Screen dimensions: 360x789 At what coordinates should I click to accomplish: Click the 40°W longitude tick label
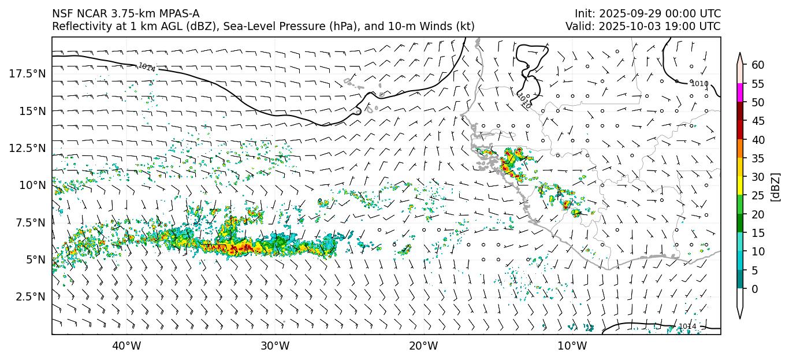(126, 346)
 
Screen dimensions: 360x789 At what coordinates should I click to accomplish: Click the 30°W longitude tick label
(275, 346)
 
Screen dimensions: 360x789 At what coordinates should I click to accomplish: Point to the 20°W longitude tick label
(423, 346)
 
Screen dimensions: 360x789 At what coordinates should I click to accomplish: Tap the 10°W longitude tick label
(572, 346)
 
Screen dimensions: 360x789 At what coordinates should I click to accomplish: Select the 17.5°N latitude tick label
(27, 73)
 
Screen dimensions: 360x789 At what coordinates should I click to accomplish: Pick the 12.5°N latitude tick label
(27, 148)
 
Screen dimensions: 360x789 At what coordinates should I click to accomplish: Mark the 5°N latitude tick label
(35, 259)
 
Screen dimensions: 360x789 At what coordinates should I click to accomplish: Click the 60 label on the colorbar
(758, 65)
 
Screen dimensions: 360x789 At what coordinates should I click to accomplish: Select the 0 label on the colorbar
(755, 289)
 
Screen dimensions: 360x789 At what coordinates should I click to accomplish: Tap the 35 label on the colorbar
(758, 158)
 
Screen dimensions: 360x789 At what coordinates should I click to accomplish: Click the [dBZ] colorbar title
(776, 187)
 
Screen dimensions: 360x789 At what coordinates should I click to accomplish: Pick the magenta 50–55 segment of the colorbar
(740, 93)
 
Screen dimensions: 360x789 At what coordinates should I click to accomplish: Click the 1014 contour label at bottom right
(687, 326)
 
